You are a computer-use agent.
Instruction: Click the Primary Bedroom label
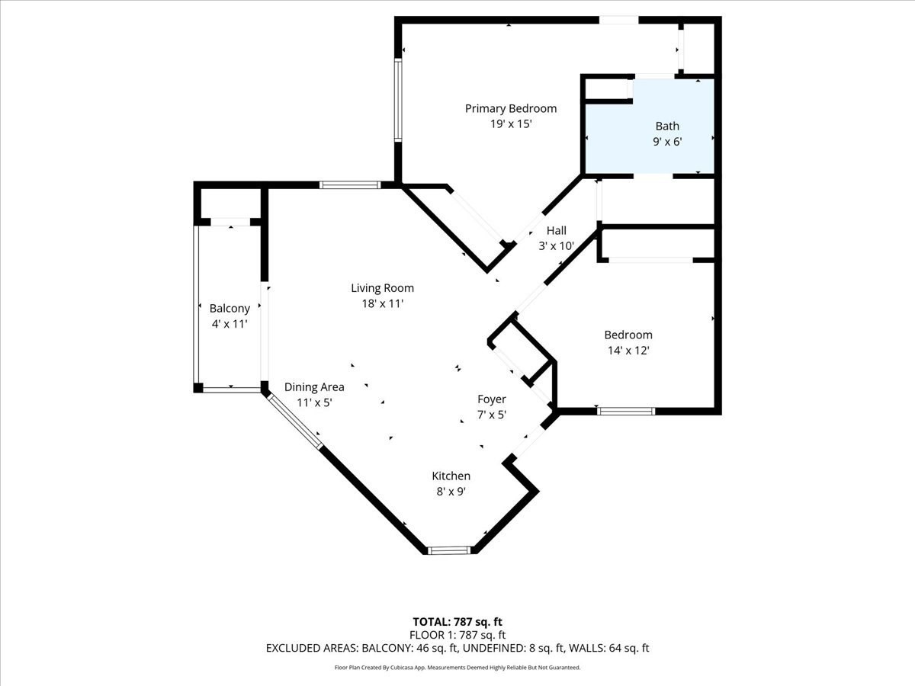[510, 108]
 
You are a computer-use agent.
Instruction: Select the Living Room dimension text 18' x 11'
[382, 303]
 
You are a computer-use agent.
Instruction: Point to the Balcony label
[230, 308]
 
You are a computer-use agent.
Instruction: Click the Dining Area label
[313, 386]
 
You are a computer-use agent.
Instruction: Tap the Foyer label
[491, 399]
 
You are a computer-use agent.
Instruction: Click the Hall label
[556, 230]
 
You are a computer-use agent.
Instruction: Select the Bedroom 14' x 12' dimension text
[628, 351]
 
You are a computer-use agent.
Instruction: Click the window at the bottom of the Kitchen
[450, 550]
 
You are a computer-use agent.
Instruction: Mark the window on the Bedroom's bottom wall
[625, 412]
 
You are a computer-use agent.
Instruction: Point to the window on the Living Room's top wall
[349, 184]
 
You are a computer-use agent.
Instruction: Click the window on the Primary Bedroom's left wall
[397, 100]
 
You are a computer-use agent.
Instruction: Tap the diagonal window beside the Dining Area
[294, 422]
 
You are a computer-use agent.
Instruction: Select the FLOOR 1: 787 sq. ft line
[457, 634]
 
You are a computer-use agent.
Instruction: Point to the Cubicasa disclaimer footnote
[457, 667]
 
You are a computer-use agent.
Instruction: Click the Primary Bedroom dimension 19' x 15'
[510, 123]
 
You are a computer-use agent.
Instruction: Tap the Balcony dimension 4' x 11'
[230, 324]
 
